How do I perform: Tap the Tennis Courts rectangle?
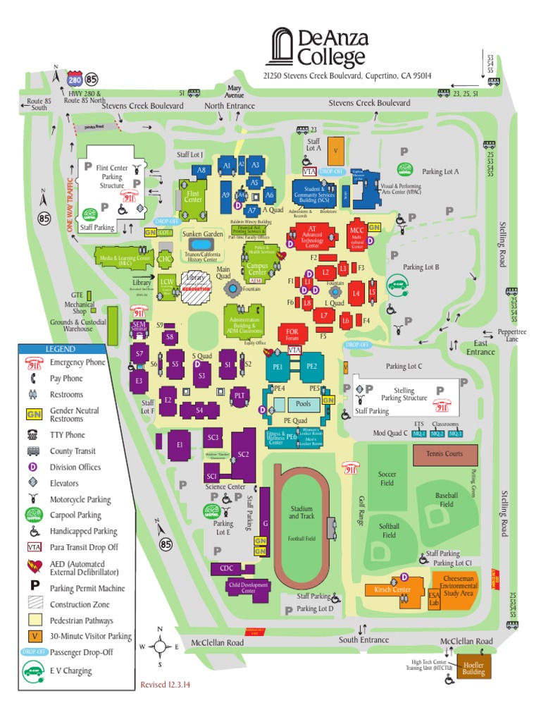[444, 455]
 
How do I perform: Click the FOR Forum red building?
[292, 333]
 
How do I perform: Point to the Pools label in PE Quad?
[303, 404]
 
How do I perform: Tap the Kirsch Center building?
[392, 590]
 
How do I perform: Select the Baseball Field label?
[447, 500]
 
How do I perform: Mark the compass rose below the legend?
[160, 646]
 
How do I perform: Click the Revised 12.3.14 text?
[168, 685]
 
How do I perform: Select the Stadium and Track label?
[301, 513]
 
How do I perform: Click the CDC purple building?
[227, 568]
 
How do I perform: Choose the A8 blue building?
[201, 170]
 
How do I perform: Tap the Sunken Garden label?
[202, 233]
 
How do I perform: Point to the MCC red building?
[356, 234]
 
